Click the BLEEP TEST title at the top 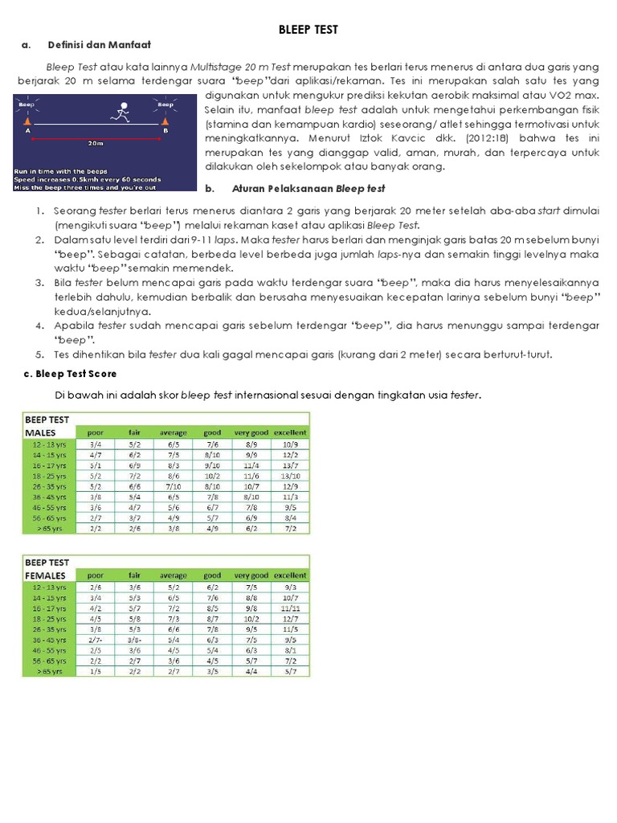point(308,30)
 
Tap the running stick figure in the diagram point(122,112)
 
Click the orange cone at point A point(29,119)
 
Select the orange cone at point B point(165,119)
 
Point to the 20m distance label point(96,144)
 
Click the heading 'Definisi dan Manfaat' point(100,44)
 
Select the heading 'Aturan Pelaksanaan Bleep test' point(308,189)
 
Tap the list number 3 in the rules point(39,283)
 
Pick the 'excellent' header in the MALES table point(289,432)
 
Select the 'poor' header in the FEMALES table point(95,575)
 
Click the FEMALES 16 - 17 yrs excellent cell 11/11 point(289,608)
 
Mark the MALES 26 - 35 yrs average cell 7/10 point(173,486)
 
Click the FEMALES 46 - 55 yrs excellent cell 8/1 point(289,651)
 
